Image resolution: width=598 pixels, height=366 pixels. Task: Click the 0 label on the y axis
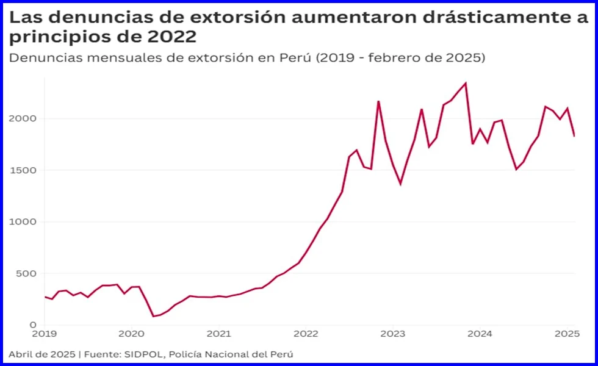pos(32,325)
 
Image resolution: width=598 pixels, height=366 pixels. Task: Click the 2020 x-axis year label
pos(131,334)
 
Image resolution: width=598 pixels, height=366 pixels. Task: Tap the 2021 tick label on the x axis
pos(218,334)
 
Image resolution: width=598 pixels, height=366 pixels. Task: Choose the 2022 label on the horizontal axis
pos(306,334)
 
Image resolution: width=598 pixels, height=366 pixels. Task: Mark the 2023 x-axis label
pos(392,334)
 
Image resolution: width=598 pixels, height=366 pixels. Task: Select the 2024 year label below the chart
pos(480,334)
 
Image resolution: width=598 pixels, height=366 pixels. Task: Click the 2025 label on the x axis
pos(567,334)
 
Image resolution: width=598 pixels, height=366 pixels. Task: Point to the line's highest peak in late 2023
pos(466,83)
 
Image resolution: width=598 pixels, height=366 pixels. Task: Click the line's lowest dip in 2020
pos(153,316)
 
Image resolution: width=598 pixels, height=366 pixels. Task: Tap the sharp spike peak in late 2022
pos(378,101)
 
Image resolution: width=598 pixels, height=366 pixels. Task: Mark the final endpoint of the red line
pos(574,136)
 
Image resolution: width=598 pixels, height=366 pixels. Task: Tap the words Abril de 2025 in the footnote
pos(42,354)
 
